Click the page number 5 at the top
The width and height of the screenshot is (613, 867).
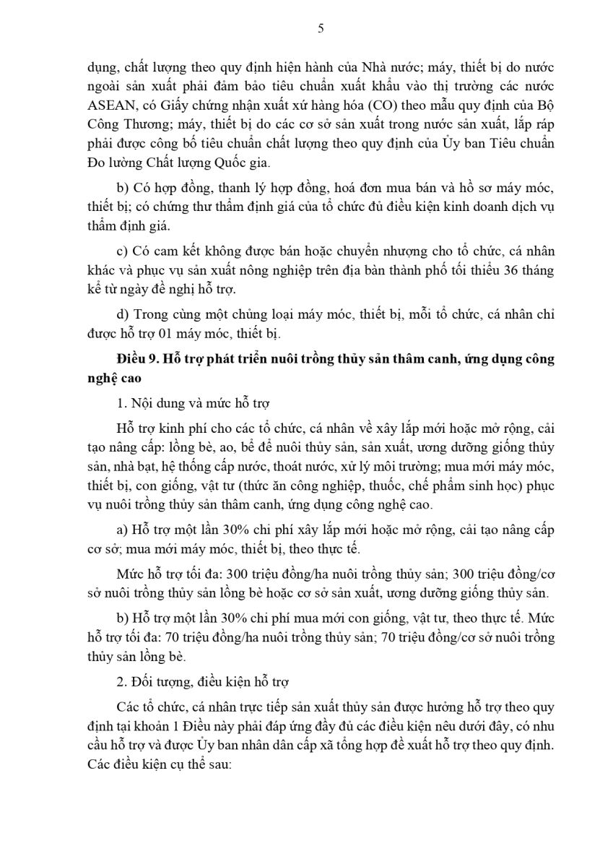pyautogui.click(x=321, y=28)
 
